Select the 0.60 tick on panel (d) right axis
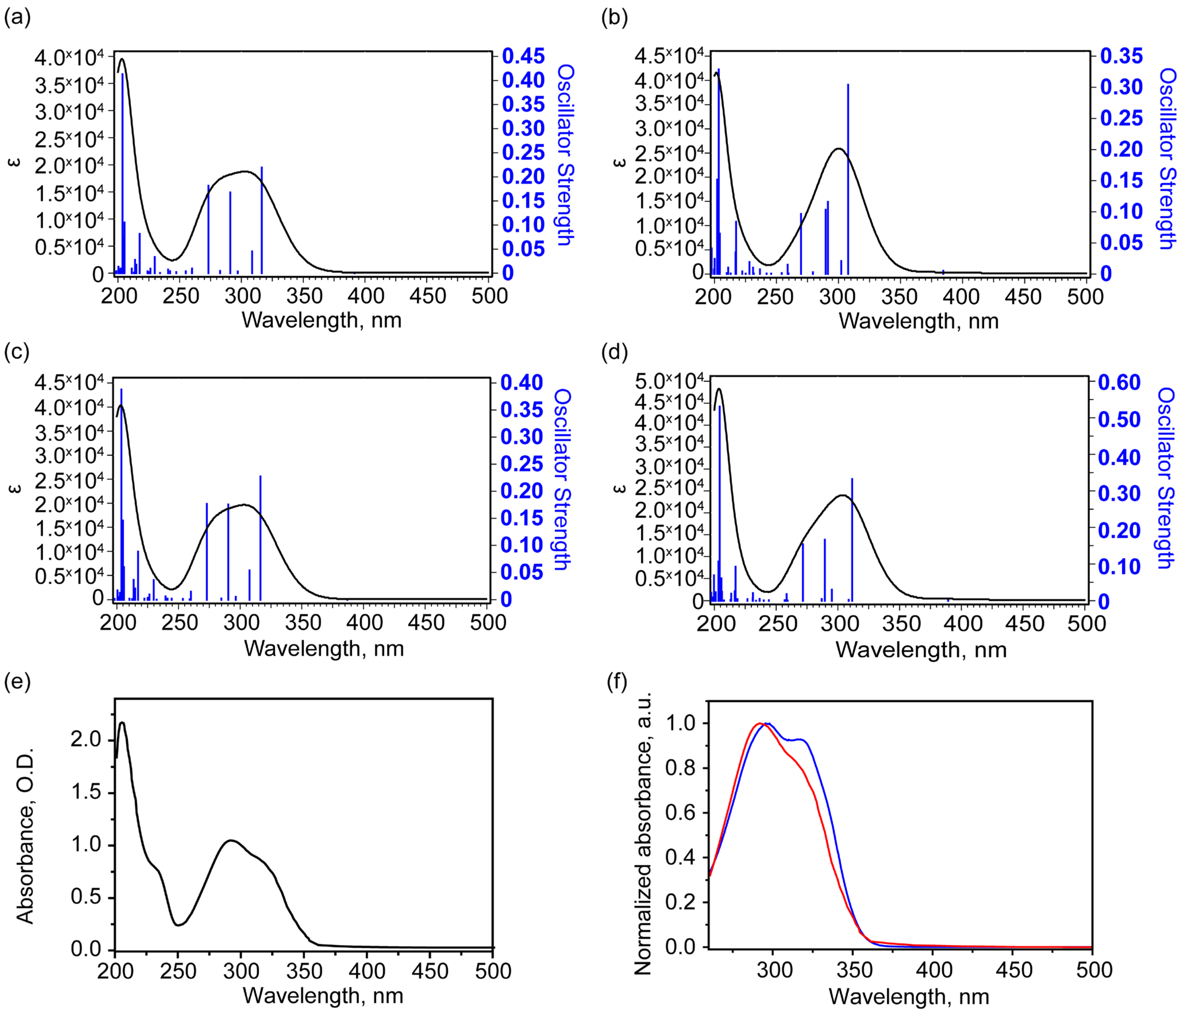pos(1119,383)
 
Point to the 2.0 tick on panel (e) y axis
pos(85,740)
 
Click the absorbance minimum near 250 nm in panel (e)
pos(178,925)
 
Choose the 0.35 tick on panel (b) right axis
pos(1121,56)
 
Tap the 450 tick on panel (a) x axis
pos(428,296)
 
